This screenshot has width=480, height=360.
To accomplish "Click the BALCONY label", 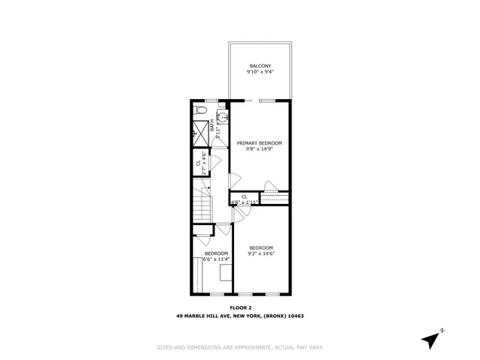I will pos(259,67).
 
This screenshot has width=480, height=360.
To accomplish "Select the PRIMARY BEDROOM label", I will pos(259,142).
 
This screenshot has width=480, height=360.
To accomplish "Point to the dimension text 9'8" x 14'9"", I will pos(259,149).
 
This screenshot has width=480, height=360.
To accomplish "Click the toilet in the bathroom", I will pos(199,111).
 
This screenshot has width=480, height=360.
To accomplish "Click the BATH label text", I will pos(212,125).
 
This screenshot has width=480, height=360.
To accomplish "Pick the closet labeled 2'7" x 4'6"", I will pos(201,165).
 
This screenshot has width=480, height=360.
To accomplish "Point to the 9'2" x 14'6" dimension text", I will pos(261,253).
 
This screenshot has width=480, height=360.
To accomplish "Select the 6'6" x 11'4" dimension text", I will pos(216,259).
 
